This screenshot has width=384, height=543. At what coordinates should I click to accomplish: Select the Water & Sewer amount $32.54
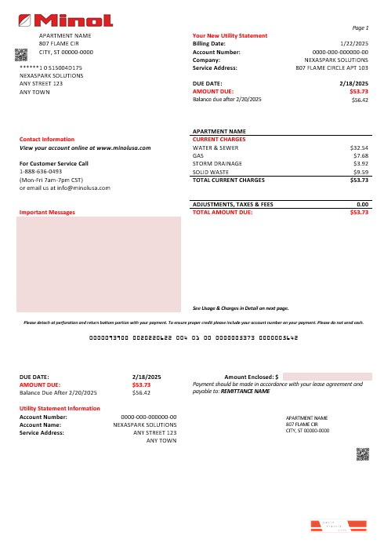click(x=359, y=147)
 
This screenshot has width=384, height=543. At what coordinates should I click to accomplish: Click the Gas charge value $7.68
click(x=361, y=155)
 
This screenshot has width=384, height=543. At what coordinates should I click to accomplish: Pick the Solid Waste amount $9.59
click(x=361, y=171)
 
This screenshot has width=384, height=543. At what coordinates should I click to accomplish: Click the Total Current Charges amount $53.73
click(x=359, y=180)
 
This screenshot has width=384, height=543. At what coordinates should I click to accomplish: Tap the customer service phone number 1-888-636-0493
click(x=40, y=172)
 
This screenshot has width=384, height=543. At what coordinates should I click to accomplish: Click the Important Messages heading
click(x=47, y=212)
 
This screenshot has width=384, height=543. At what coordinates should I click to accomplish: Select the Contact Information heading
click(x=46, y=139)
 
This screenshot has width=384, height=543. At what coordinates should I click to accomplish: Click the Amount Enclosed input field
click(x=326, y=377)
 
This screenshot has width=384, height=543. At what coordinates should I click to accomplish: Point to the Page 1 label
click(x=361, y=27)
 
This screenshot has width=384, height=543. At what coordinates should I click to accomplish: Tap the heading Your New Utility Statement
click(x=230, y=36)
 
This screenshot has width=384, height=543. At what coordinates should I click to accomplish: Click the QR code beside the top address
click(x=21, y=53)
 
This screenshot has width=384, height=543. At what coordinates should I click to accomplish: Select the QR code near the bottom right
click(x=362, y=453)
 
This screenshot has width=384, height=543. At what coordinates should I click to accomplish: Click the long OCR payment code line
click(x=191, y=338)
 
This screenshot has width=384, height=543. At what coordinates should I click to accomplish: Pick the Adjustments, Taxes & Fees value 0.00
click(x=362, y=204)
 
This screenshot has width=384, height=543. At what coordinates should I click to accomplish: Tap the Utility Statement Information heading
click(x=60, y=409)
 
